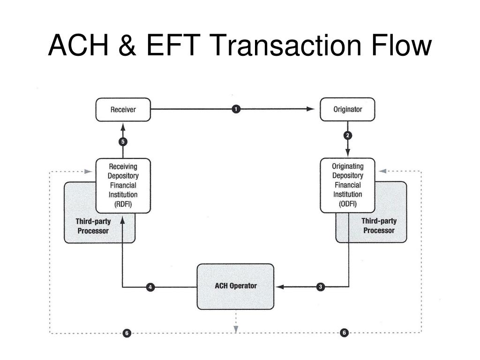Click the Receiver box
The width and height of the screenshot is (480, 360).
point(123,110)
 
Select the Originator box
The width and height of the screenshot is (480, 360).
point(347,110)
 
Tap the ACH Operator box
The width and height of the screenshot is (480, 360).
point(235,286)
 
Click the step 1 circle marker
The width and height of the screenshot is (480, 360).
point(236,109)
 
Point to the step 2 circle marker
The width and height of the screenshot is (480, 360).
point(348,135)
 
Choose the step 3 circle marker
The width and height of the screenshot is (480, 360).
point(321,287)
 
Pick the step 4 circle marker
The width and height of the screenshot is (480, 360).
point(150,287)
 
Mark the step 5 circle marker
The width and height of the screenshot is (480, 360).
point(123,141)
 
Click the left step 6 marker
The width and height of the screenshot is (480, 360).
point(127,333)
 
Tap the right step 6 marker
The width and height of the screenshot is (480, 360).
point(344,333)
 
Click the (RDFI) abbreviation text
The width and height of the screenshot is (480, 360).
point(123,203)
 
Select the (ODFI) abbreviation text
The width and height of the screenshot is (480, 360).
point(348,203)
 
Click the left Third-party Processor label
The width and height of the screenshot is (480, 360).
point(93,226)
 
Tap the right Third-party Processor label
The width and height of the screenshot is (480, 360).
point(379,226)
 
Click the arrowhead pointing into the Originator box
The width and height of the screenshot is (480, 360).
point(310,109)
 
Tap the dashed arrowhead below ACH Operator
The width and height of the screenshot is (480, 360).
point(236,329)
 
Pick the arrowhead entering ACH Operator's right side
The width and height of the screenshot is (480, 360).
point(279,286)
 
